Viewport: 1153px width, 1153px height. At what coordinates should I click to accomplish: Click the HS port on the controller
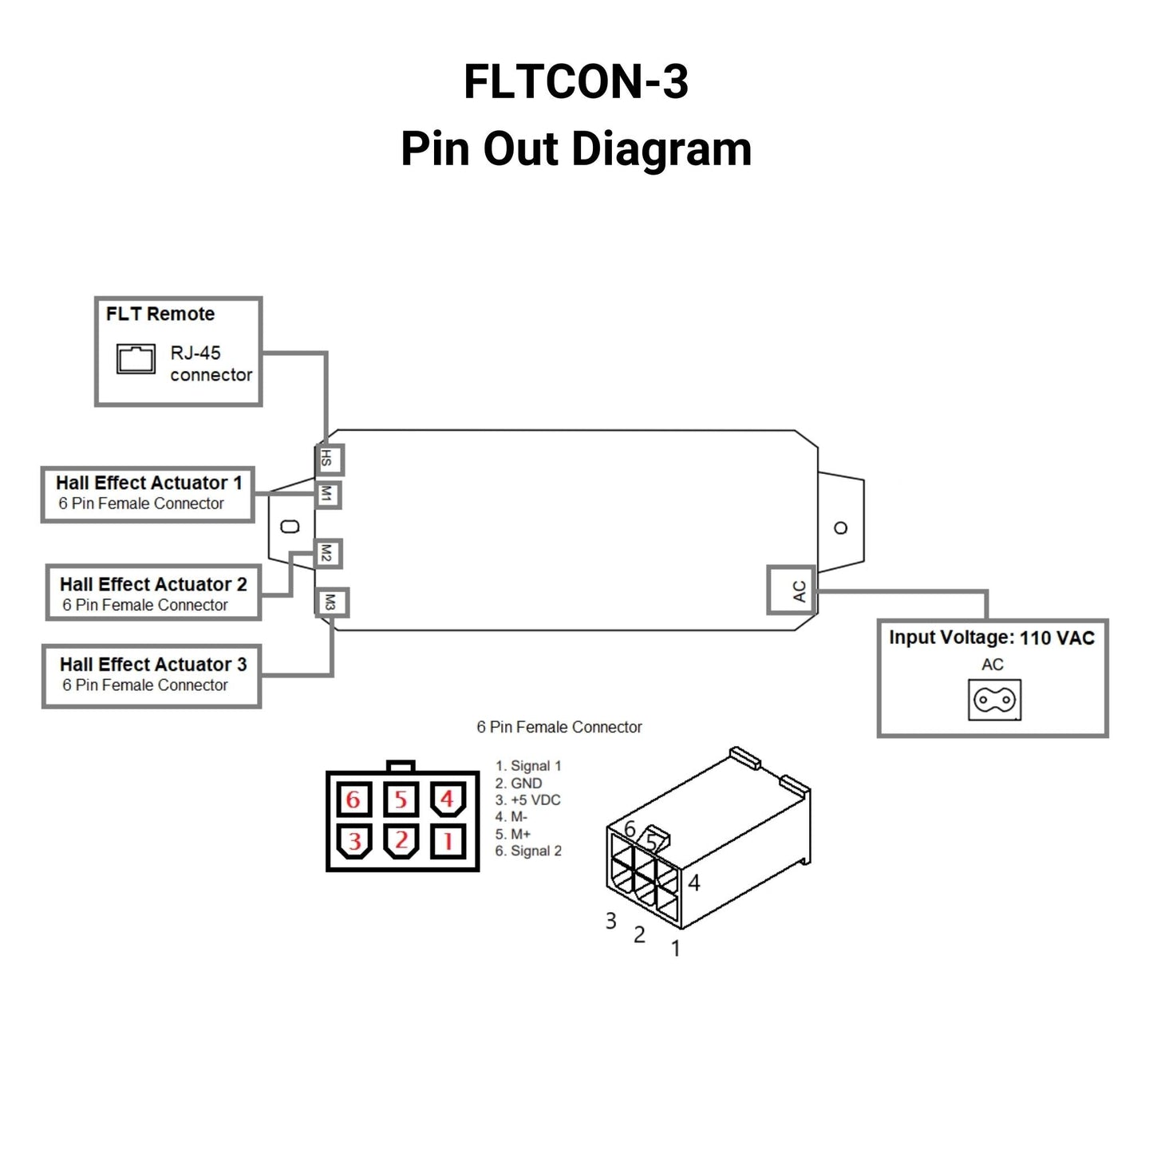[328, 460]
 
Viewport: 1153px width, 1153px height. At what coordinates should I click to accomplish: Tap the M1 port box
[326, 495]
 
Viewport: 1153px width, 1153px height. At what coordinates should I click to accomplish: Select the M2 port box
[326, 553]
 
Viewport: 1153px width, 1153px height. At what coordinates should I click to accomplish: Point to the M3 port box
[330, 603]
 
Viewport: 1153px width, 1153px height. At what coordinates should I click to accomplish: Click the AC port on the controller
[792, 590]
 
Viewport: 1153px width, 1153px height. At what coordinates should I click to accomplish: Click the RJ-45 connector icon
[136, 359]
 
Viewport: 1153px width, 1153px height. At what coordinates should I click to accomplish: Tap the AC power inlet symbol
[994, 700]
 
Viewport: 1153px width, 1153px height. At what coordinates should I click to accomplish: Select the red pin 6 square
[353, 799]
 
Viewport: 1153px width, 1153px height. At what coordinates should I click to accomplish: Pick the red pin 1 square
[448, 840]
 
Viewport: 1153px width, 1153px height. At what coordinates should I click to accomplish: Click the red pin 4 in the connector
[448, 799]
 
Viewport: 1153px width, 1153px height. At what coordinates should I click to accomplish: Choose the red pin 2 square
[401, 840]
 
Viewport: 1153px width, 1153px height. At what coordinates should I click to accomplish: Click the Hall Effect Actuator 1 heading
[149, 484]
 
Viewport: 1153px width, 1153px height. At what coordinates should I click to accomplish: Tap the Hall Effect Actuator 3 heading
[153, 665]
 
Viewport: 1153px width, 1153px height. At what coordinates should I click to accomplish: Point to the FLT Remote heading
[160, 314]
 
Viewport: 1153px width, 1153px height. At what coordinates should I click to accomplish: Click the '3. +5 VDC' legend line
[528, 800]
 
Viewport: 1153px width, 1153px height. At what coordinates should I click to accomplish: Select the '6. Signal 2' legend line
[528, 851]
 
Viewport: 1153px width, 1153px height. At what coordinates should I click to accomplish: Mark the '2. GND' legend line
[519, 784]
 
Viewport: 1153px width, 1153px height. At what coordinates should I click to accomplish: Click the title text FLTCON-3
[576, 82]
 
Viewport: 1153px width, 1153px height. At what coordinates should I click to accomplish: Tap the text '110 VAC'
[1057, 638]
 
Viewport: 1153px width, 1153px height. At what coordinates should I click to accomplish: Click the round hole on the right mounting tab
[840, 528]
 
